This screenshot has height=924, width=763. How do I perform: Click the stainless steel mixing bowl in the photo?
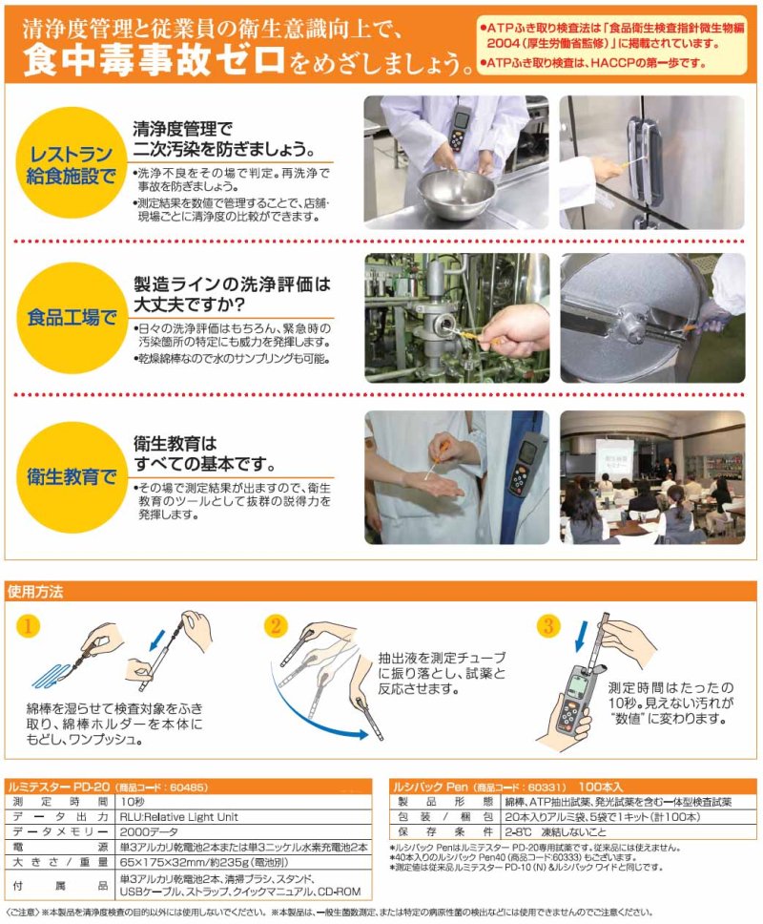click(x=457, y=192)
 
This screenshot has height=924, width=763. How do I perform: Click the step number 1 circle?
click(x=28, y=626)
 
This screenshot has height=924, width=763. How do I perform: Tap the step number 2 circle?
click(x=275, y=626)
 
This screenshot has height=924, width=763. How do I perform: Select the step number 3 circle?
click(x=547, y=626)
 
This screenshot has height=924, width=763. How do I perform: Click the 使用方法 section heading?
click(x=36, y=591)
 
